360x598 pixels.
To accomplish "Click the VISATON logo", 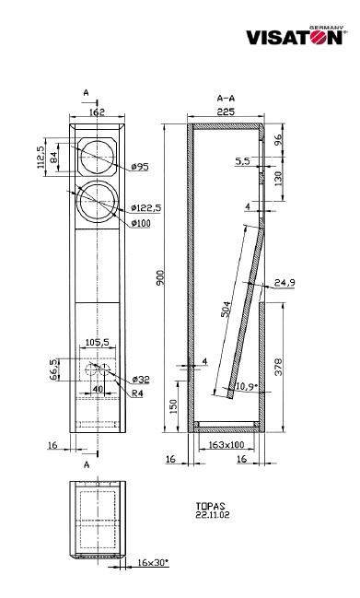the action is [296, 36].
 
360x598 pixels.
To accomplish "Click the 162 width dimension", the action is [98, 111].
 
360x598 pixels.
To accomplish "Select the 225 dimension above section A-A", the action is [226, 111].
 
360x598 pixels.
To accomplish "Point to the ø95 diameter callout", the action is [139, 166].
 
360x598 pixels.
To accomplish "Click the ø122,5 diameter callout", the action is [145, 208].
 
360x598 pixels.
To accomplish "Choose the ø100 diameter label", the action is [141, 223].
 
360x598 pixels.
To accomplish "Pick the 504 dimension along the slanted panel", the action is [226, 309].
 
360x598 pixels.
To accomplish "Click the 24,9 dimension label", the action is [285, 283].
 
